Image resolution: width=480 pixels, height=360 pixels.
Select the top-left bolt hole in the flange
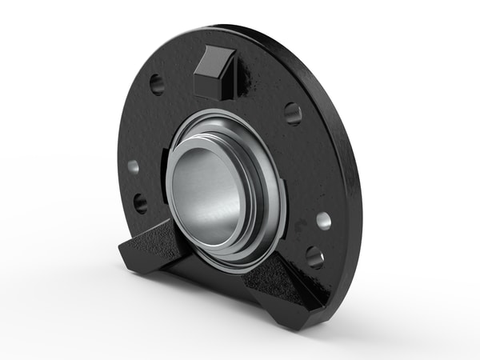click(157, 83)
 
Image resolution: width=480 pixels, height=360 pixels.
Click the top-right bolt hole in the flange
click(293, 113)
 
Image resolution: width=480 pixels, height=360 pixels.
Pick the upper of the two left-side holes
click(133, 167)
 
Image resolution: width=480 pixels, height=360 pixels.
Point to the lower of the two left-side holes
click(141, 202)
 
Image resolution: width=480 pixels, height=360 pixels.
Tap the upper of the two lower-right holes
click(323, 221)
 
